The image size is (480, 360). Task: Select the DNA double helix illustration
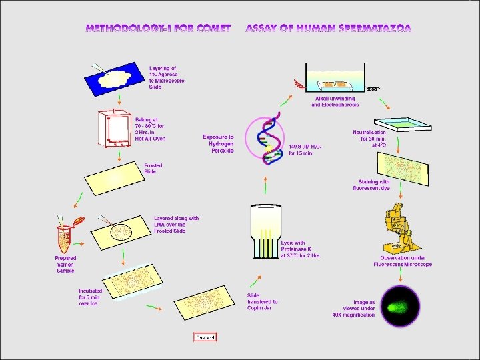(265, 139)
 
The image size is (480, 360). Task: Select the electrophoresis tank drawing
(336, 78)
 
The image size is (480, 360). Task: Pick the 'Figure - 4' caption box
(205, 337)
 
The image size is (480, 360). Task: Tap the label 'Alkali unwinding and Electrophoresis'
(335, 102)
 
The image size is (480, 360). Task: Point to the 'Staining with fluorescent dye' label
(375, 185)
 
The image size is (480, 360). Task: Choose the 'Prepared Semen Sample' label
(65, 263)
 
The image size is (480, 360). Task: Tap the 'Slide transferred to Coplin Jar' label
(262, 301)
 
